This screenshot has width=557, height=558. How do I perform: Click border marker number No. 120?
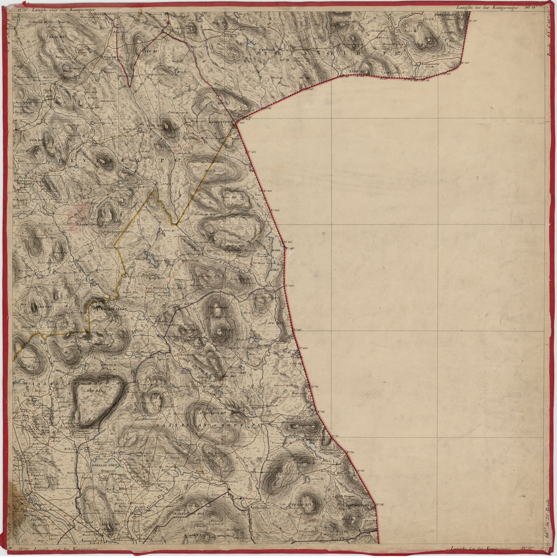pos(466,62)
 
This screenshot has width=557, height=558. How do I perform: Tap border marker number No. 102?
pos(291,286)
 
